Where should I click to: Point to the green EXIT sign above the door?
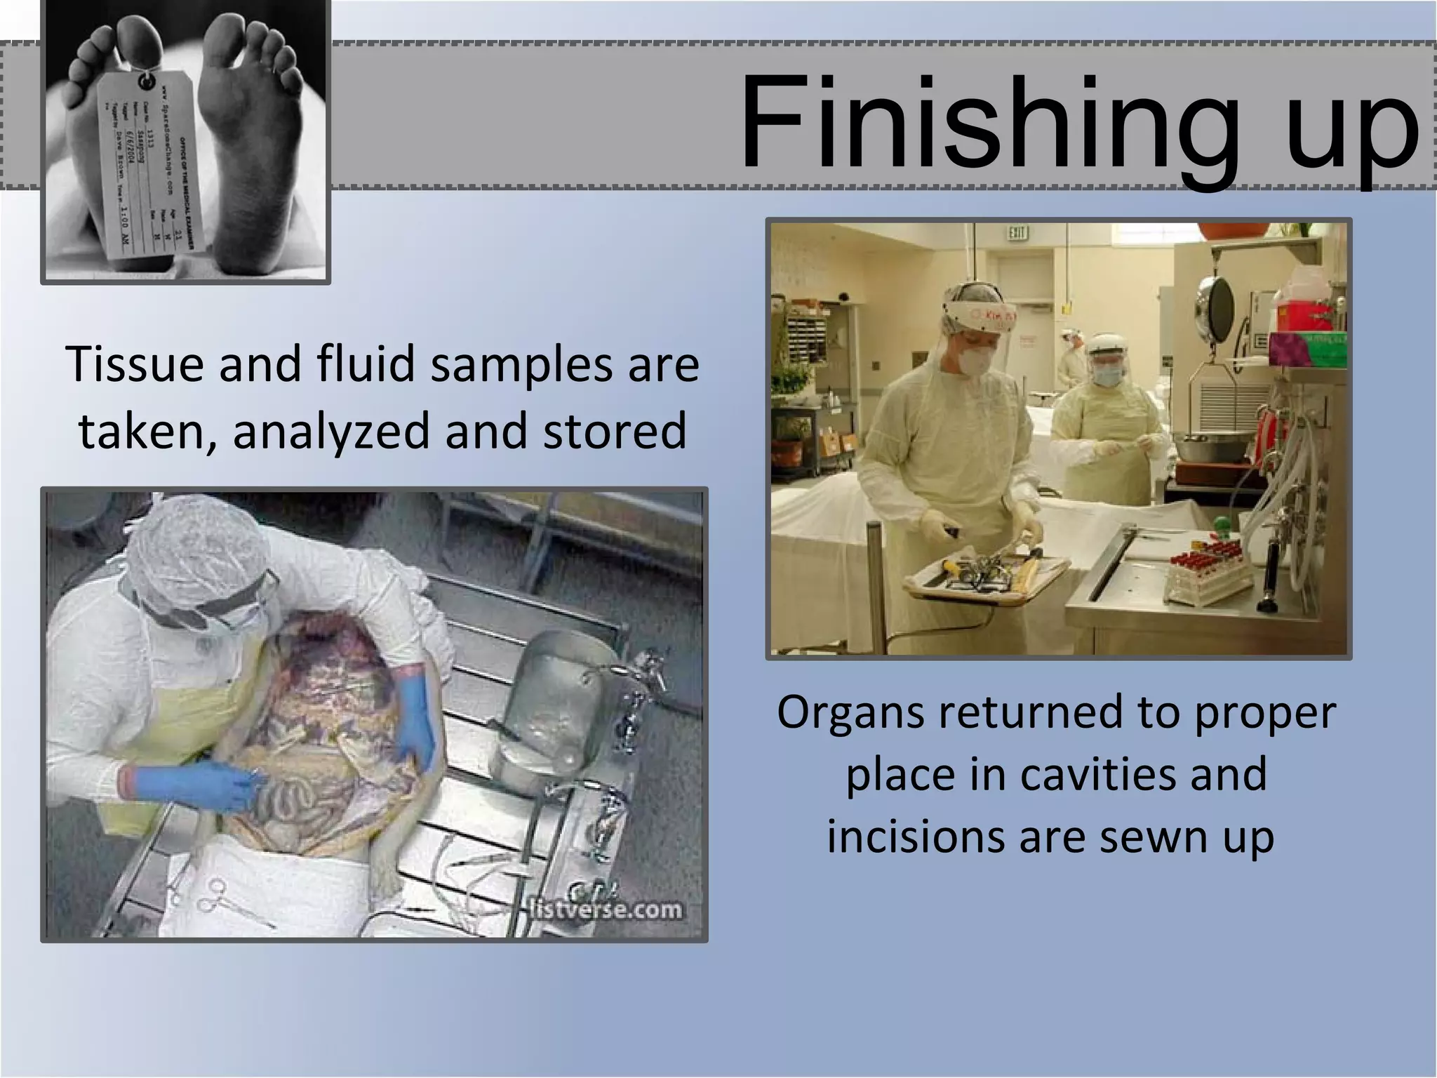point(1017,232)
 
